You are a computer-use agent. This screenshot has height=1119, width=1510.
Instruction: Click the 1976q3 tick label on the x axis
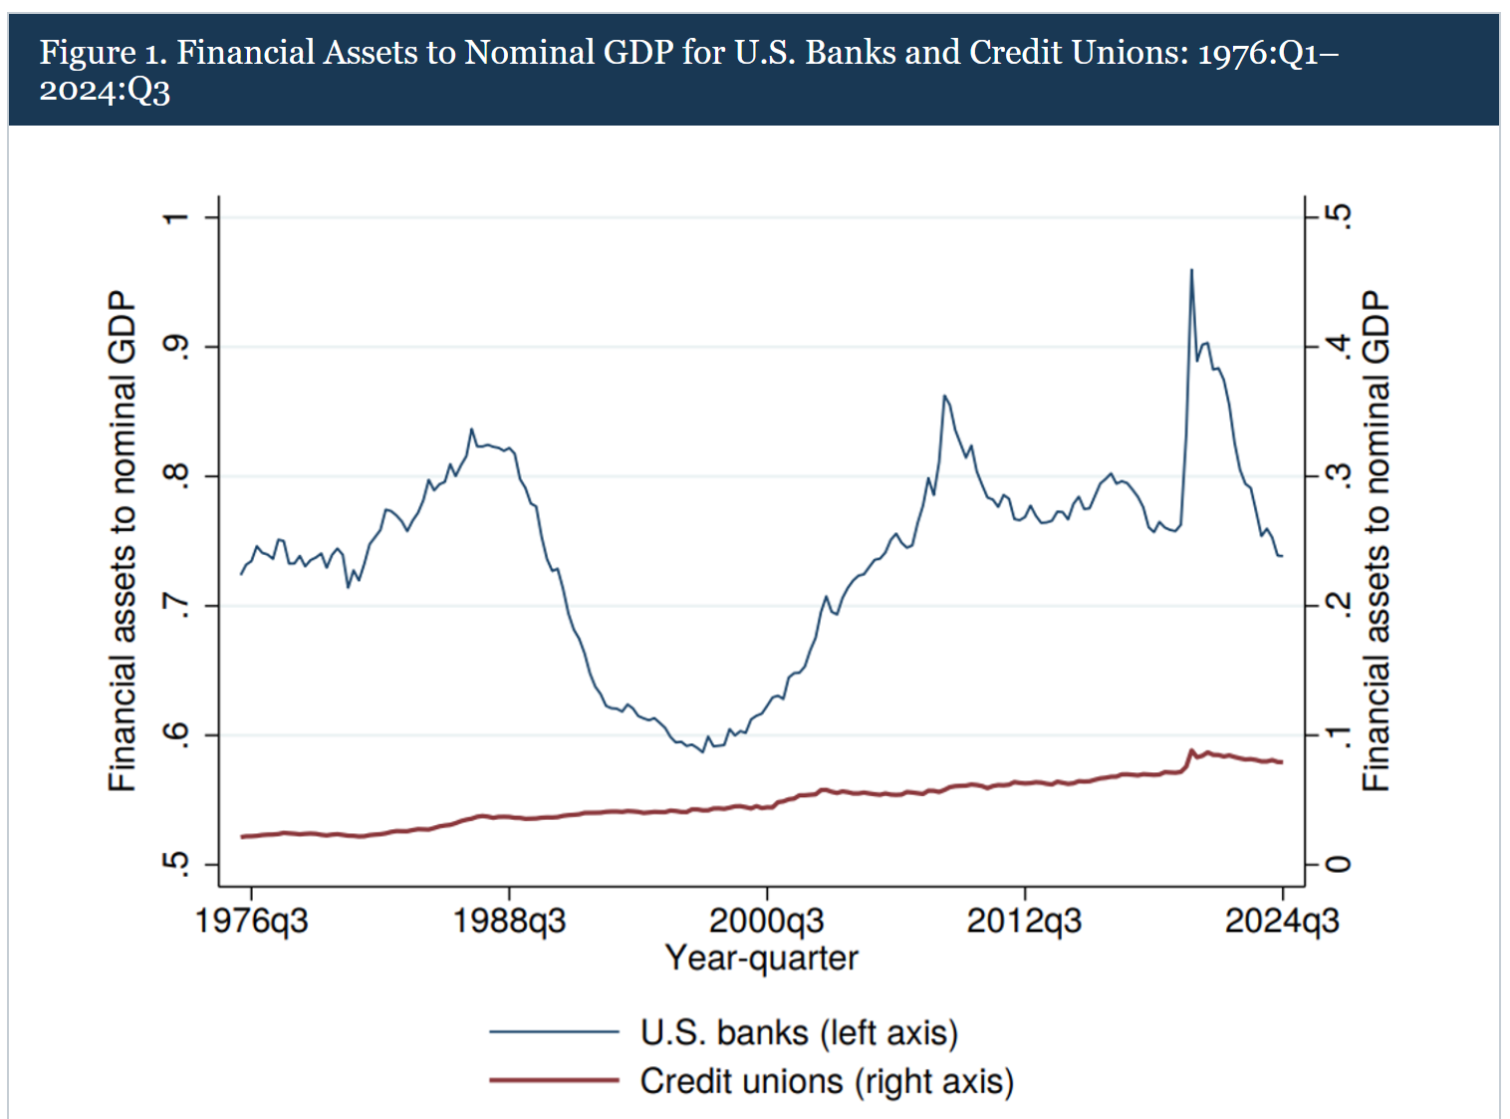(251, 921)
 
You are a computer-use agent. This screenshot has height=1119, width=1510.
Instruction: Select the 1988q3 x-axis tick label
(509, 921)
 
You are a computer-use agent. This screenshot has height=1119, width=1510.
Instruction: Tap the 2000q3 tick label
(766, 921)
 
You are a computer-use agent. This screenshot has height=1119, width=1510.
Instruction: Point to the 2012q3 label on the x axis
(1024, 921)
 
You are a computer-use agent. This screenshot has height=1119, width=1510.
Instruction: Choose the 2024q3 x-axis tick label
(1281, 921)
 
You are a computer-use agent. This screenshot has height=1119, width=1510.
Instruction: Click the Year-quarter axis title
(761, 959)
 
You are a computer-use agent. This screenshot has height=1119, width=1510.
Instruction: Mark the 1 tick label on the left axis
(176, 217)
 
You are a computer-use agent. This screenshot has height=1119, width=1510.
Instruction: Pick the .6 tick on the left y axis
(176, 735)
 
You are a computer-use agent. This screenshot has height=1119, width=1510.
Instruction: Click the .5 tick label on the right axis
(1341, 217)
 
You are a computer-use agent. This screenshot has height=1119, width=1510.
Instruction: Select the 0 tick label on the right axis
(1341, 864)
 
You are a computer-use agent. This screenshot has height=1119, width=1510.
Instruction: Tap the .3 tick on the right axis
(1341, 476)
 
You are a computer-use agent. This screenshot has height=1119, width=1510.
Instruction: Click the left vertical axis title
(122, 541)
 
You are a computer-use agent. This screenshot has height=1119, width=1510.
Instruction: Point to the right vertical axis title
(1376, 541)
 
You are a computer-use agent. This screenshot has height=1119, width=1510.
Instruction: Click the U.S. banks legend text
(798, 1032)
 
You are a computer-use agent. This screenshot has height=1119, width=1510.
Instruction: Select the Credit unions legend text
(826, 1081)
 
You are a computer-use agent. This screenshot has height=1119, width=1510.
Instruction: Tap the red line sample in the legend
(554, 1080)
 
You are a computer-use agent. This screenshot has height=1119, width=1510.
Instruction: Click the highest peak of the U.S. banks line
(1191, 270)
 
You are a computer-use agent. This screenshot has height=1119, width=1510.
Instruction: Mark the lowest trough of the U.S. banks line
(702, 752)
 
